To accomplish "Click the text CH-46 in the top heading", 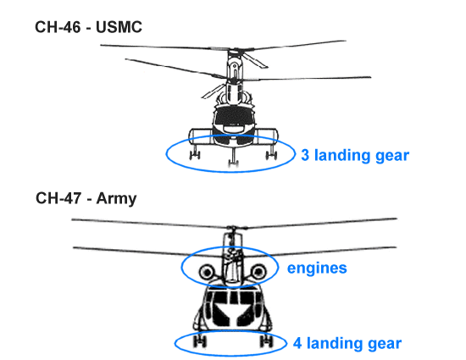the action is tap(58, 27).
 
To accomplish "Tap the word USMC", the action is tap(119, 27).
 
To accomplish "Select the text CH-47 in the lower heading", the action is tap(58, 198).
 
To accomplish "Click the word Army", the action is tap(116, 199).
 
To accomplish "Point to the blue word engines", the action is tap(317, 269).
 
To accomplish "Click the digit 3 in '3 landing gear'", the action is tap(305, 155).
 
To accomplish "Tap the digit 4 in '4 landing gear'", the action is tap(297, 343).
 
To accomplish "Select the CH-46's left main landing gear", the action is tap(195, 152).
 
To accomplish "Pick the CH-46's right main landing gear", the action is tap(271, 152).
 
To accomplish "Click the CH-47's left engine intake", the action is tap(207, 272).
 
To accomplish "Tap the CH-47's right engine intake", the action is tap(258, 272).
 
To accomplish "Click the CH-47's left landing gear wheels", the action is tap(199, 341).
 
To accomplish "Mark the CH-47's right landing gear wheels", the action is tap(266, 341).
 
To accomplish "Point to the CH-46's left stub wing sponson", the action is tap(201, 136).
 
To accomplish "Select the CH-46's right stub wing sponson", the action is tap(266, 136).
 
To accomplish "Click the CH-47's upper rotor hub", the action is tap(234, 229).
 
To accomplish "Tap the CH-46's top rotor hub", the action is tap(235, 50).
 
